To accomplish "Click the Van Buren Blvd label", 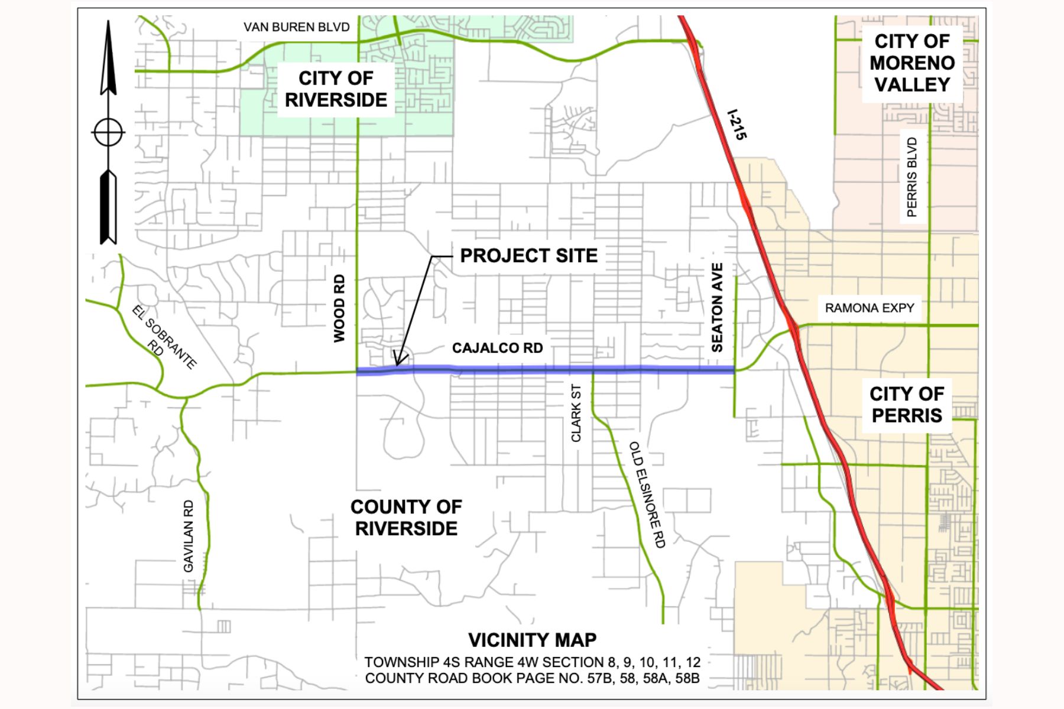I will (296, 27).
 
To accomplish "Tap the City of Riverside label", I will (336, 89).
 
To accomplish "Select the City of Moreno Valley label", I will (912, 63).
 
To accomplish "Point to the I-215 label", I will (737, 124).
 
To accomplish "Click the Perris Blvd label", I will (912, 177).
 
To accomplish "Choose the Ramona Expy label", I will (869, 308).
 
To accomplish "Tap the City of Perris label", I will (907, 405).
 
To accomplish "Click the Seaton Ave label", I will (717, 308).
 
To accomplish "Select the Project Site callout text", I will (528, 256).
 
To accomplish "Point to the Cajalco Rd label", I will (497, 348).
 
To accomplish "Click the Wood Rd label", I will (339, 308).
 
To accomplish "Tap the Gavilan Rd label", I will (189, 536).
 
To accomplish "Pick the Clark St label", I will (576, 413).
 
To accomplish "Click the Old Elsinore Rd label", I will (647, 494).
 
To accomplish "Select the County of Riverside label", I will (406, 518).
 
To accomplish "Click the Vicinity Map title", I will (532, 640).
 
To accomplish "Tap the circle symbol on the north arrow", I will (108, 132).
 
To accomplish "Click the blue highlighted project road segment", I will (544, 370).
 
